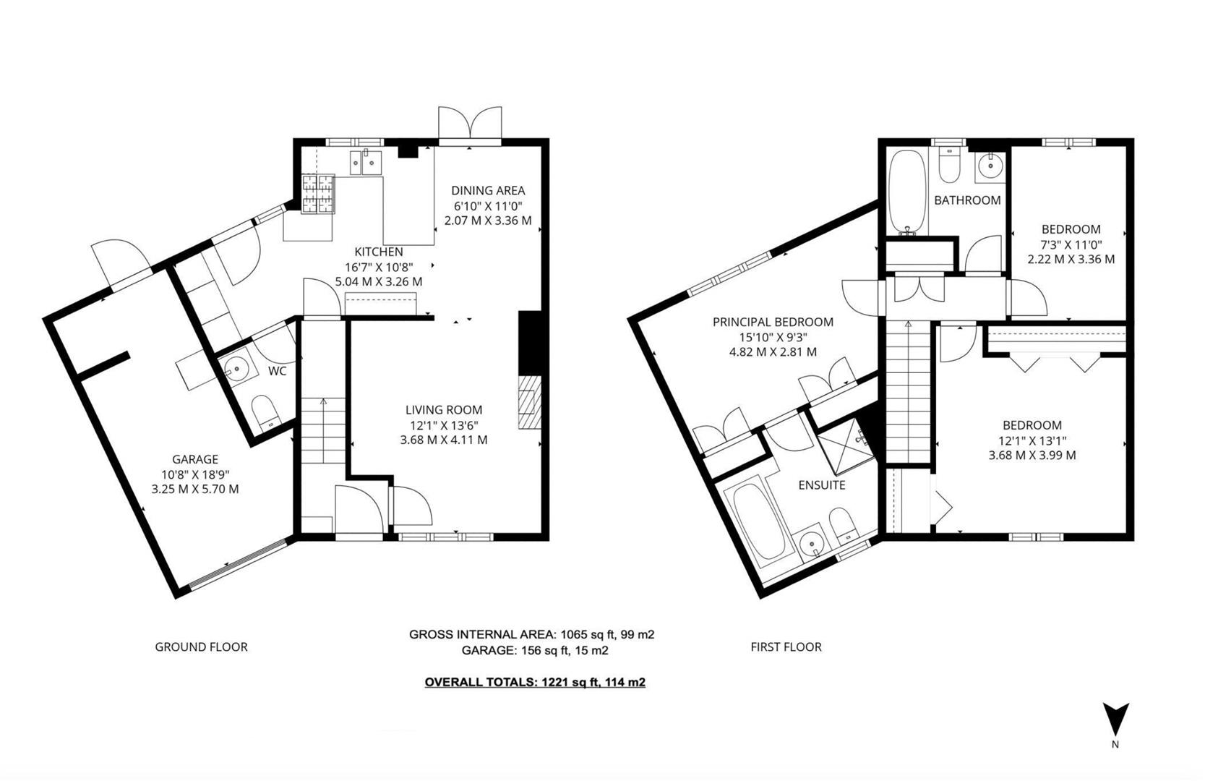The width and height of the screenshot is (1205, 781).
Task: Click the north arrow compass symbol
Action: point(1115,720)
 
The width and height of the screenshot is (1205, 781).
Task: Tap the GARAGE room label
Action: point(194,459)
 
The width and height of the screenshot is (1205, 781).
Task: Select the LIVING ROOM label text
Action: point(443,410)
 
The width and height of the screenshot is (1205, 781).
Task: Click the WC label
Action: point(278,371)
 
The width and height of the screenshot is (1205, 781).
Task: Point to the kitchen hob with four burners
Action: point(319,195)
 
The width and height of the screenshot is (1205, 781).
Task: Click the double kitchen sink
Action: point(366,162)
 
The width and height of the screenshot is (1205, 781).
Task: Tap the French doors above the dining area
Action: point(470,124)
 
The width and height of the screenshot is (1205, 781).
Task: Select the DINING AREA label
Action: point(488,191)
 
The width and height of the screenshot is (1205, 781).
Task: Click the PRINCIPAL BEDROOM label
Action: point(773,323)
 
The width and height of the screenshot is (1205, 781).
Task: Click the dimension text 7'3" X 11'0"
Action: point(1071,244)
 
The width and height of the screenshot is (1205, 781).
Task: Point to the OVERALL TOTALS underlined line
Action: point(534,682)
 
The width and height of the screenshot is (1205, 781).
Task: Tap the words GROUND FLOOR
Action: point(201,647)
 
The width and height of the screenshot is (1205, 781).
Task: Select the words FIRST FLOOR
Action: point(786,647)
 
